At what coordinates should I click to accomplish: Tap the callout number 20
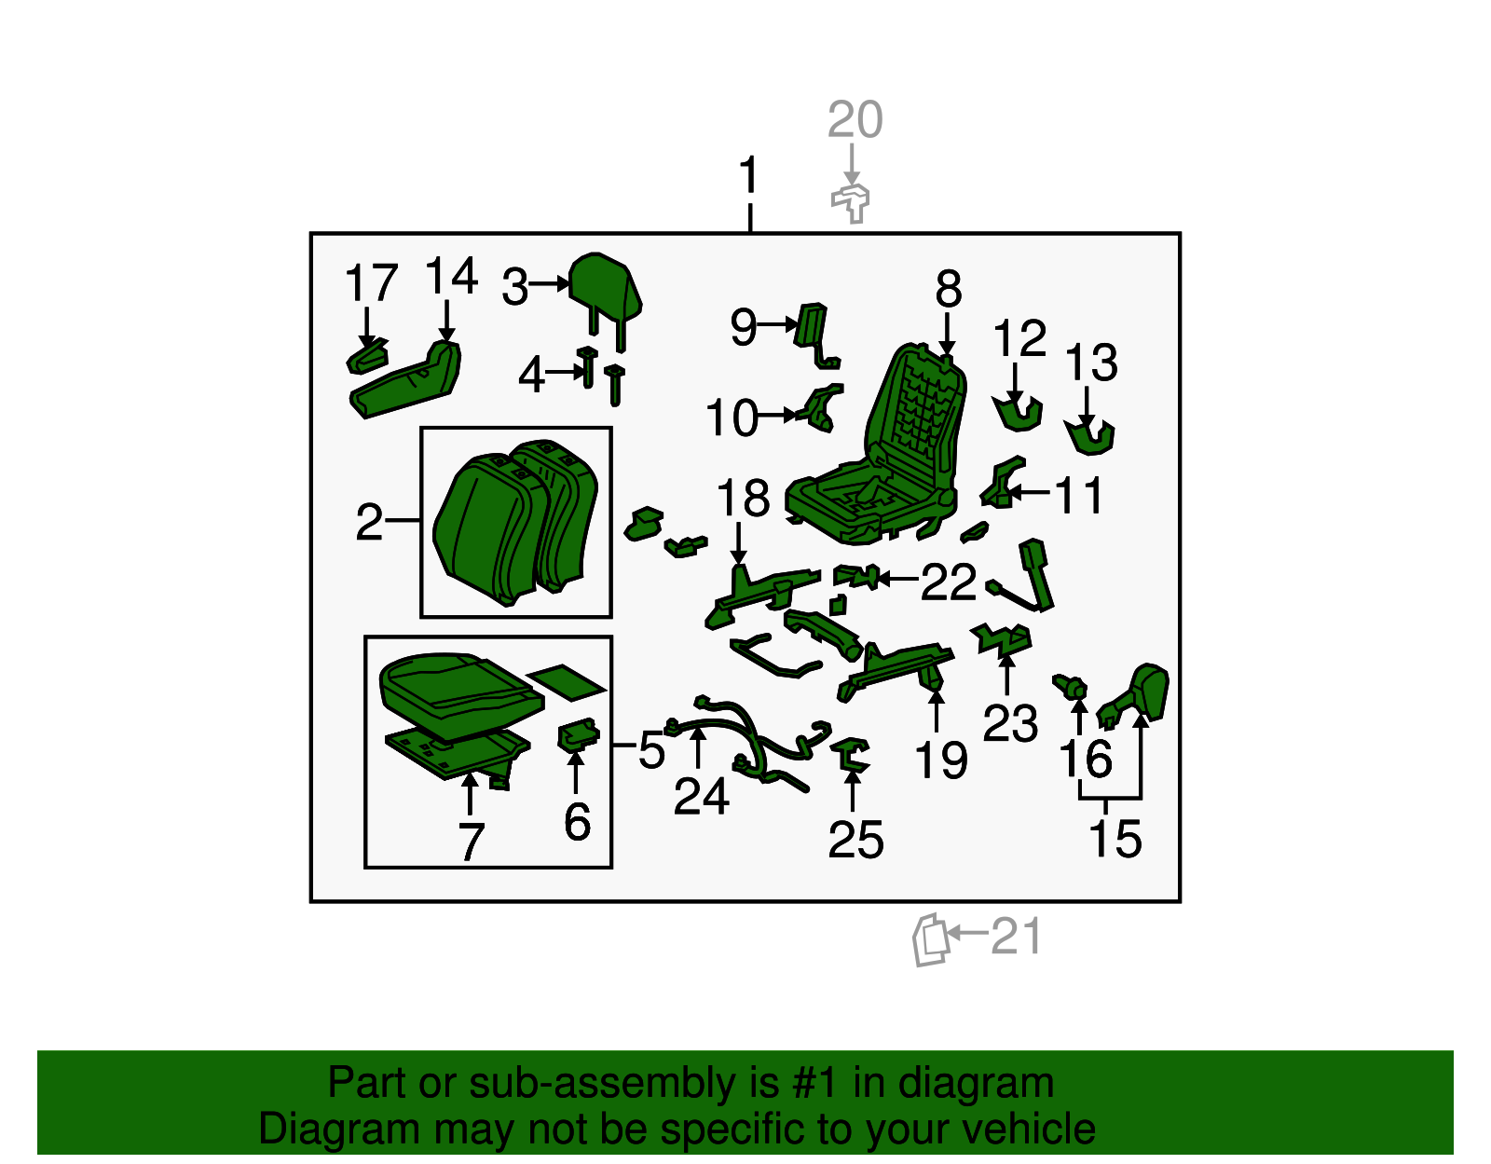click(855, 119)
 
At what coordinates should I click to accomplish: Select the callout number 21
click(1017, 937)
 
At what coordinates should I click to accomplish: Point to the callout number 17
click(371, 282)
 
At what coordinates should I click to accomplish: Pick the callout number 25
click(855, 839)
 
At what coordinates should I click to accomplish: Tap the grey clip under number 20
click(851, 203)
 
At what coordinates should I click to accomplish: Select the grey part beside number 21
click(930, 939)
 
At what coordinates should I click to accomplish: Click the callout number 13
click(1091, 362)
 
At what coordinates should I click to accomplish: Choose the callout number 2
click(369, 522)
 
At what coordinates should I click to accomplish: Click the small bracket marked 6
click(579, 734)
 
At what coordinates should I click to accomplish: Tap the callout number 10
click(732, 418)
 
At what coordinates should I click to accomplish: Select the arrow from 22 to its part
click(896, 580)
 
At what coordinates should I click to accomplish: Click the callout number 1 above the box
click(748, 174)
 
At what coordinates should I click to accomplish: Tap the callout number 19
click(940, 760)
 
